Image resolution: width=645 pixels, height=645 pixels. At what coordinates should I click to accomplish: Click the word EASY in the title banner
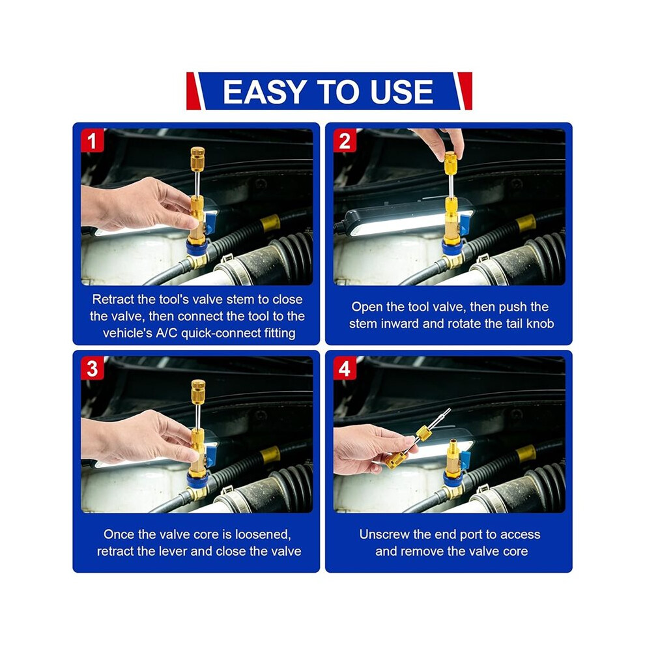pos(264,91)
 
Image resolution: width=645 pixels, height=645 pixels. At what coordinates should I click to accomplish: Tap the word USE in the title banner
pos(401,91)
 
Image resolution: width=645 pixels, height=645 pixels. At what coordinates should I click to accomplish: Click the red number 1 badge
pos(92,140)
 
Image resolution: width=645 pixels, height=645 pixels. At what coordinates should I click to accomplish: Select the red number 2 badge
pos(345,140)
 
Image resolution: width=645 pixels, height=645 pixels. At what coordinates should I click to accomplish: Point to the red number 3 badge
pos(92,368)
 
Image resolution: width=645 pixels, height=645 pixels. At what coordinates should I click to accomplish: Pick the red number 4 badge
pos(345,368)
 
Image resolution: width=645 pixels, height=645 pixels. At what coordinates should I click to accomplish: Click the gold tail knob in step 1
pos(197,159)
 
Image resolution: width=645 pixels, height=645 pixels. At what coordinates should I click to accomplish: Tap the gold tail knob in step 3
pos(198,391)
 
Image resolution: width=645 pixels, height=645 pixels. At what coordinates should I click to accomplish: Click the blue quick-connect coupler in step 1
pos(197,248)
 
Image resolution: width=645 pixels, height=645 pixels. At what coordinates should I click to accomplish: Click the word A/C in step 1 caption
pos(166,333)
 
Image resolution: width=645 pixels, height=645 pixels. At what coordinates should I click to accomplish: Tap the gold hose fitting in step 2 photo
pos(526,223)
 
